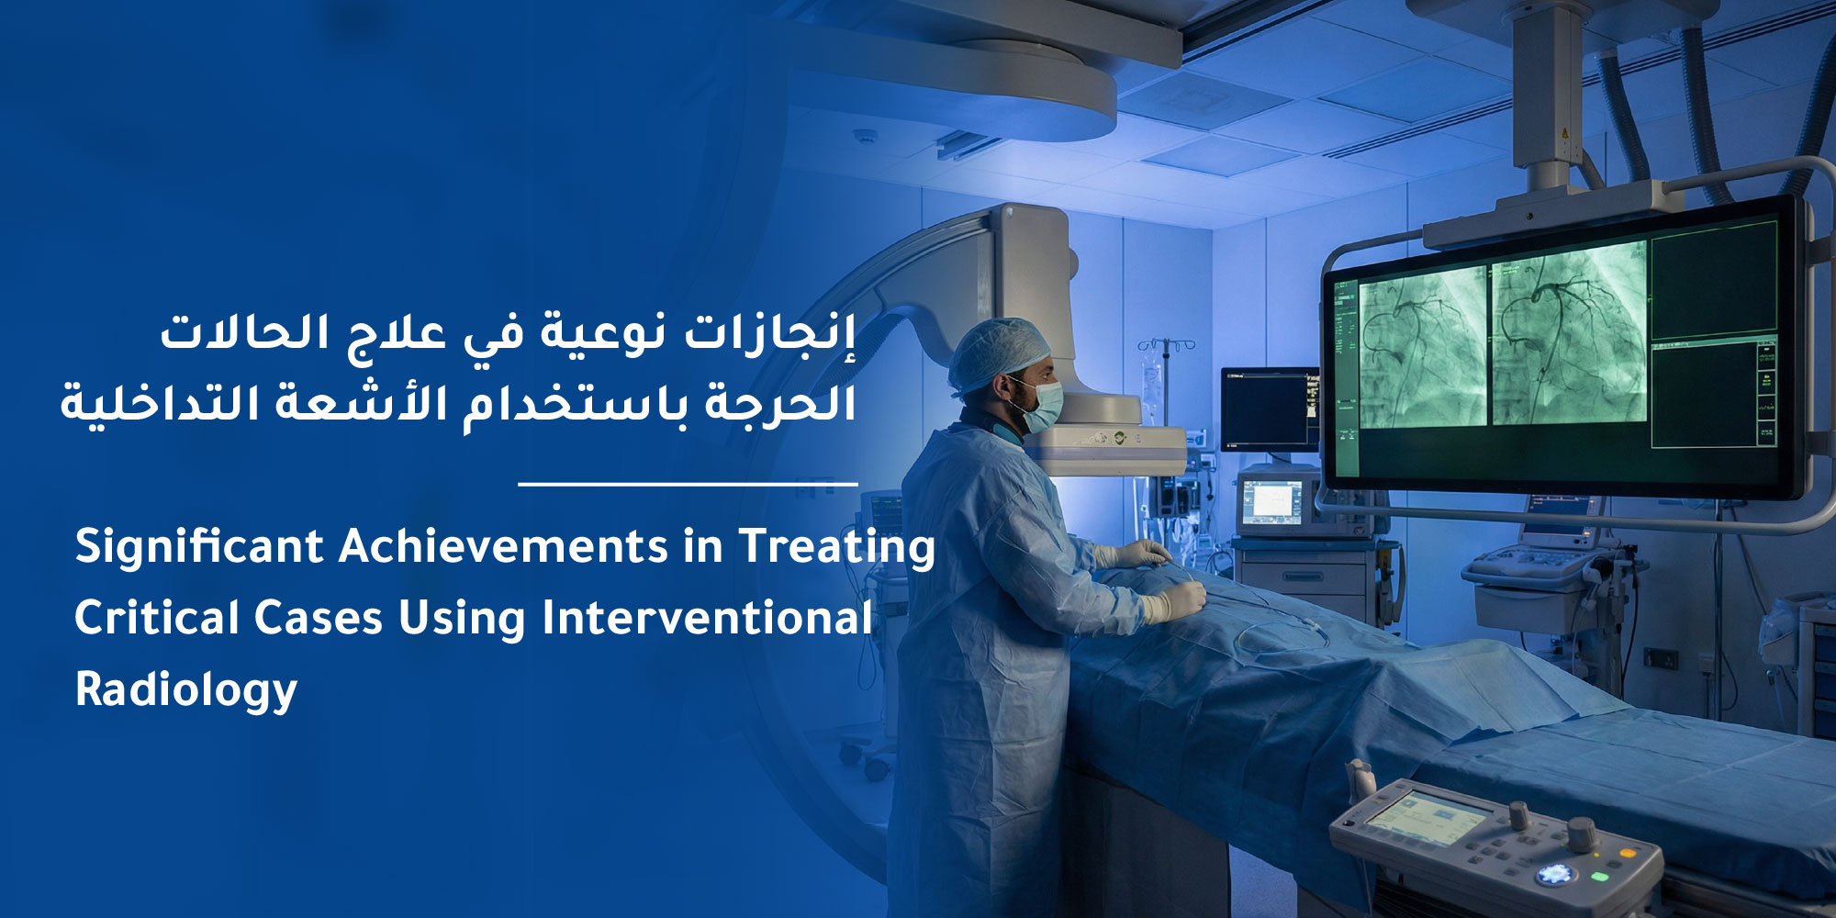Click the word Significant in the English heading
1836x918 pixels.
point(198,548)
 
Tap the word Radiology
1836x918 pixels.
point(186,690)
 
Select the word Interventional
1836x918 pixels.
point(707,618)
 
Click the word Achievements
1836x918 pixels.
point(503,547)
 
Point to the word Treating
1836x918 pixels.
point(837,548)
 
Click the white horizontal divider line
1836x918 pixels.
point(688,483)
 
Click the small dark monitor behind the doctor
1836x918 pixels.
point(1269,409)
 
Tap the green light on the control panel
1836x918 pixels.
point(1599,877)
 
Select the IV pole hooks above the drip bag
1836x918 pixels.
point(1167,345)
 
